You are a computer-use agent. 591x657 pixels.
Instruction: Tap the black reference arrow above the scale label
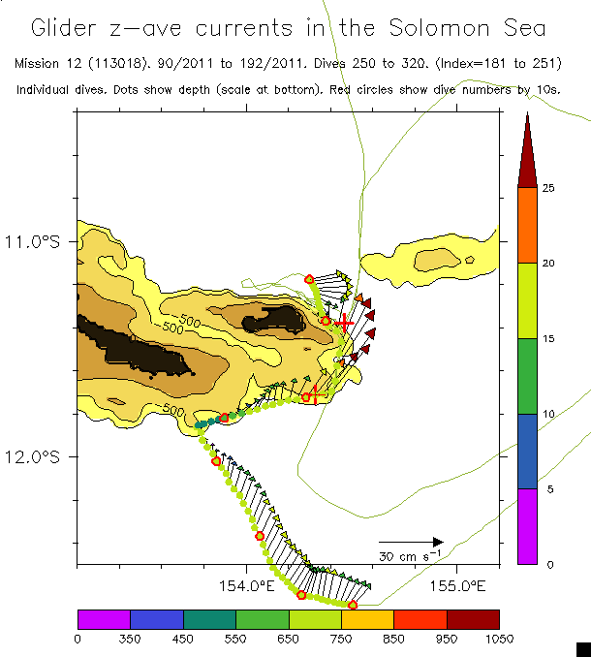tap(411, 542)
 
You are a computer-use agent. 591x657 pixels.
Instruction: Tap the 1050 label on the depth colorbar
tap(499, 638)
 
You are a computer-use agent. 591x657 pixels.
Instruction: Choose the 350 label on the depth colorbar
tap(130, 638)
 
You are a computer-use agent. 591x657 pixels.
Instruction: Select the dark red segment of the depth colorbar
tap(473, 619)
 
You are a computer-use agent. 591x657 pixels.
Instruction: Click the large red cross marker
tap(343, 323)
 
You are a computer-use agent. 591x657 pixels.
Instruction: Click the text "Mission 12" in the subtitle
tap(47, 63)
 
